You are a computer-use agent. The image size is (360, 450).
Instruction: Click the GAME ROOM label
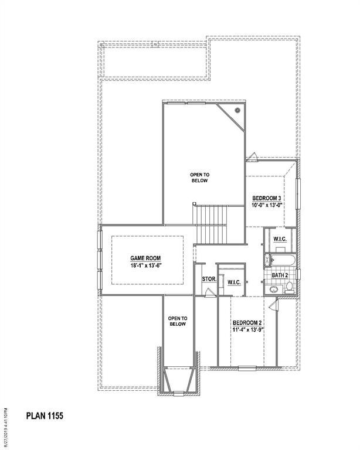[x=145, y=258]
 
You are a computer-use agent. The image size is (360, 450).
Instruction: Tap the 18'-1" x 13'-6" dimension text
[x=145, y=265]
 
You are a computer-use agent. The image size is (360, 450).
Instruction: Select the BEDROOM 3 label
[x=267, y=198]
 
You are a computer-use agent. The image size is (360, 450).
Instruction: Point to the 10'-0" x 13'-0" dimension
[x=267, y=205]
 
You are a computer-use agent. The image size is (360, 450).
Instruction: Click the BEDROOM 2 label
[x=247, y=323]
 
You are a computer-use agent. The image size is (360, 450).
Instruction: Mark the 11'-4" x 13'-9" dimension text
[x=247, y=330]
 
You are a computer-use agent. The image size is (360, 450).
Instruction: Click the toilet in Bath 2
[x=288, y=287]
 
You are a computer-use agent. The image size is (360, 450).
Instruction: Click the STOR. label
[x=209, y=279]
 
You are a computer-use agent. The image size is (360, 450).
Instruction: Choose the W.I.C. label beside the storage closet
[x=235, y=282]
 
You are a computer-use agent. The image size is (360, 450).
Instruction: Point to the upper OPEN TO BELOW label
[x=199, y=178]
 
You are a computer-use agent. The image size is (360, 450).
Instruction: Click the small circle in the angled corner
[x=237, y=110]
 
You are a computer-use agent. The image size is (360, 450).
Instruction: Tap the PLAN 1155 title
[x=44, y=416]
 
